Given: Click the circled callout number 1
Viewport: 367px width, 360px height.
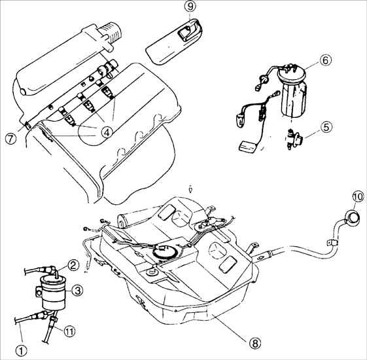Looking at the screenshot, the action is click(x=22, y=350).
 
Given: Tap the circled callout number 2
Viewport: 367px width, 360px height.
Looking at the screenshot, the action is click(x=73, y=265).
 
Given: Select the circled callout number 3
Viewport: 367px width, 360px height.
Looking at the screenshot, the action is click(x=77, y=291).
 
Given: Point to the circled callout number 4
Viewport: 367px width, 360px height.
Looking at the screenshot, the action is click(x=107, y=133).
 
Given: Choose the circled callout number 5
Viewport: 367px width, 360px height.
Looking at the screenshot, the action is click(x=326, y=128).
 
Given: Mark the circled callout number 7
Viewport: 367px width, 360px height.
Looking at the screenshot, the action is click(x=10, y=139).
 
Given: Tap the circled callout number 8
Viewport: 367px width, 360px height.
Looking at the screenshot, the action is click(x=254, y=343).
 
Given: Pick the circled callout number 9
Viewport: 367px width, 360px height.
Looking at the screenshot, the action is click(x=191, y=7).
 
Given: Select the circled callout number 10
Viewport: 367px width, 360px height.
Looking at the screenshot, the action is click(x=358, y=197).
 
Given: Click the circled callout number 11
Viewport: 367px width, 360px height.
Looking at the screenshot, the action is click(x=69, y=331).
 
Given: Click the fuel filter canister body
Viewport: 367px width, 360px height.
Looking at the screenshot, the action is click(x=54, y=293).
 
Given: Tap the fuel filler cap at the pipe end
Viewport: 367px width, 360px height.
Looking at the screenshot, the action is click(x=351, y=217).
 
